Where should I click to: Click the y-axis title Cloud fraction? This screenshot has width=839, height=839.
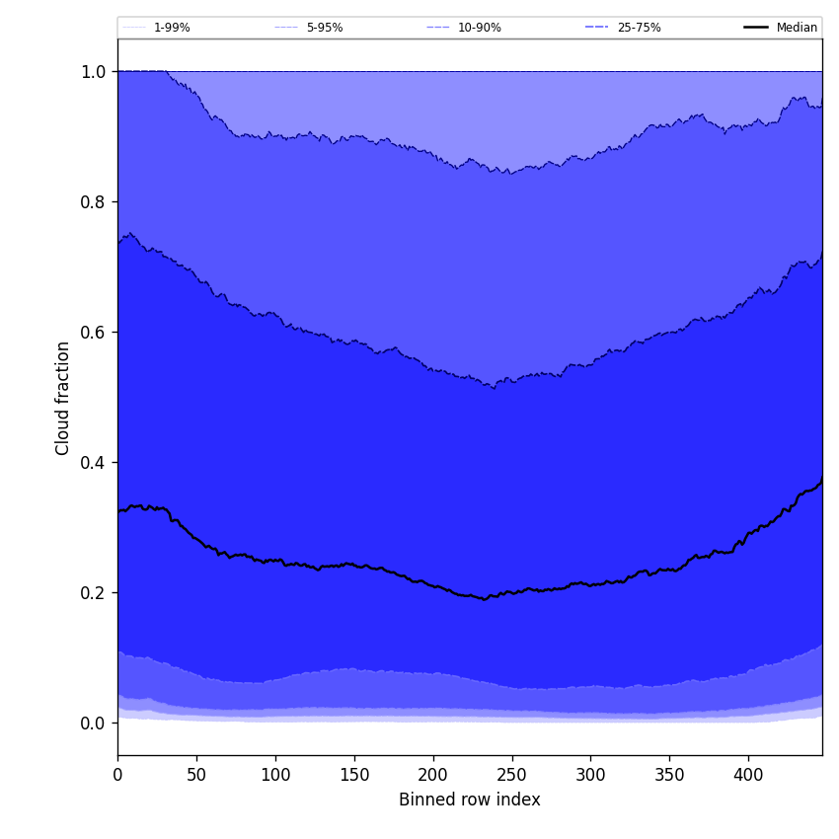[63, 398]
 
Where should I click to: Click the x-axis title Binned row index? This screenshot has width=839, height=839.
[470, 800]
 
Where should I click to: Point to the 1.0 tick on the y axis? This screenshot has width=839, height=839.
[92, 71]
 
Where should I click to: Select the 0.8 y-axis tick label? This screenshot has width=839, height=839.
[92, 201]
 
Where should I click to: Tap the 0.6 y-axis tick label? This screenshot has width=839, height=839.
[92, 332]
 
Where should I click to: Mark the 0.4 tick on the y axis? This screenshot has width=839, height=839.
[92, 462]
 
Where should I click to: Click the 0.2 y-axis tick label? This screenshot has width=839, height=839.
[92, 592]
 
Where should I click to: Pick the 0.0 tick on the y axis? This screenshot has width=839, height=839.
[92, 723]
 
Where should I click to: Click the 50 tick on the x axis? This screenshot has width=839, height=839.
[196, 775]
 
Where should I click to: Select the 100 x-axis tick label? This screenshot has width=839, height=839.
[275, 775]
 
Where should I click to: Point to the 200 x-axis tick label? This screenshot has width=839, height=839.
[433, 775]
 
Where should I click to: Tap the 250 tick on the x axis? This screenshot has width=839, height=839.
[512, 775]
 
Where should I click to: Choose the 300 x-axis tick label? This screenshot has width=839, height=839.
[590, 775]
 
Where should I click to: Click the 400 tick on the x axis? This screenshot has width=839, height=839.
[748, 775]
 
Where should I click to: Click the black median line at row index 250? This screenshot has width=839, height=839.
[511, 592]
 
